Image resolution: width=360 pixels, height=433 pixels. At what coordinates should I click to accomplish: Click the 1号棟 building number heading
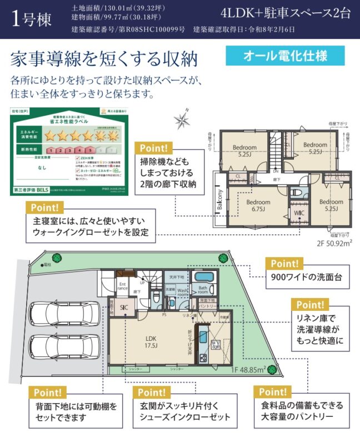click(32, 19)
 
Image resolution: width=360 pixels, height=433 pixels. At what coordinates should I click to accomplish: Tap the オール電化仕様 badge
click(285, 56)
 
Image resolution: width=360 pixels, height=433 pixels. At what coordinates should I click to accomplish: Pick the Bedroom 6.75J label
click(258, 205)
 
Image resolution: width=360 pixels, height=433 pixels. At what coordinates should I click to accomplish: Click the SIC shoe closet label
click(124, 307)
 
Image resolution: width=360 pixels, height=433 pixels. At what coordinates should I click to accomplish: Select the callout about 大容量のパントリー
click(302, 411)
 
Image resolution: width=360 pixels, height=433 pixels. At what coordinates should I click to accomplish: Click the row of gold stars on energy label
click(81, 134)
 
